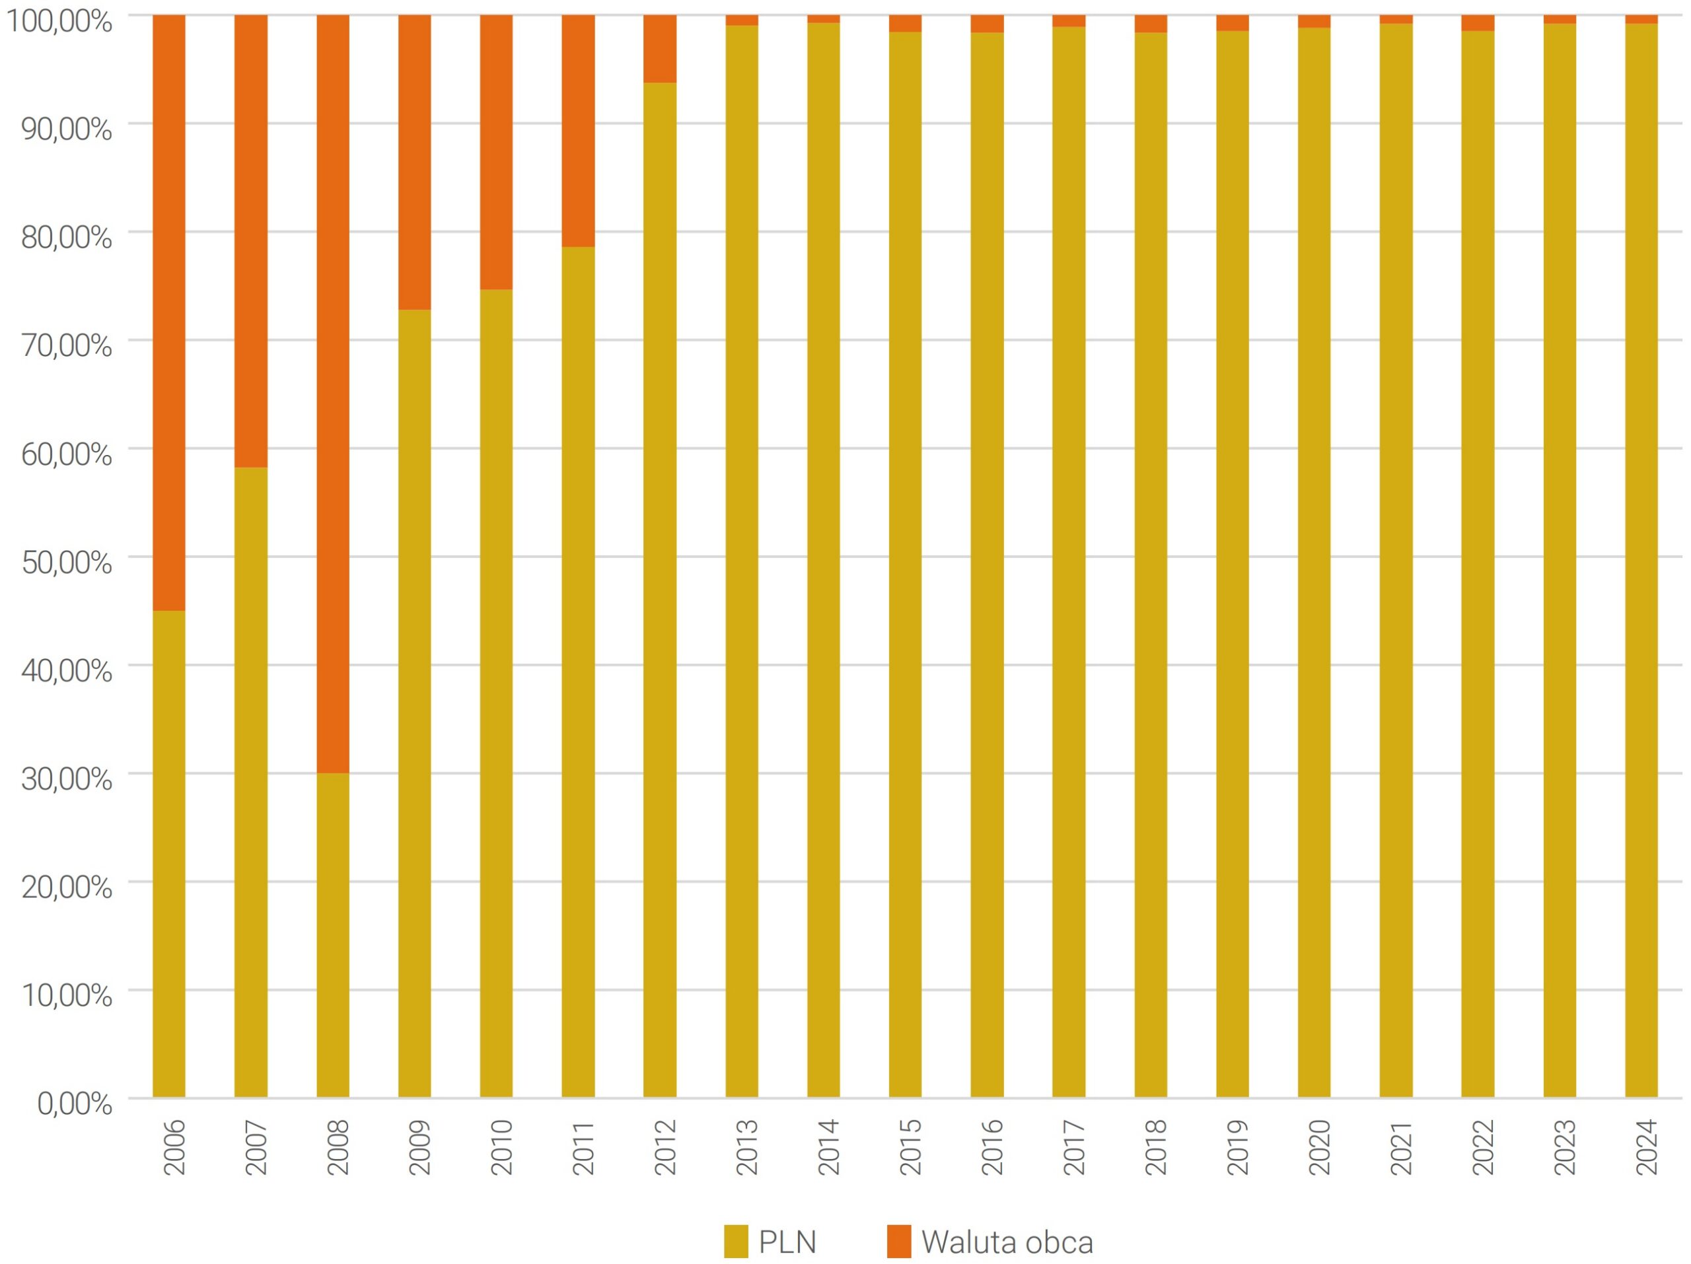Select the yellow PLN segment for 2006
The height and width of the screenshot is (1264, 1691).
169,854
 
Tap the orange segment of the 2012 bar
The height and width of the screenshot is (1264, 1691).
660,49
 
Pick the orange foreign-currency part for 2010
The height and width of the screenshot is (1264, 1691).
496,152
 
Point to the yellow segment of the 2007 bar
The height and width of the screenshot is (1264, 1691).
251,782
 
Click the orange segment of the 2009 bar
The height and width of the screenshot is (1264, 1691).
414,162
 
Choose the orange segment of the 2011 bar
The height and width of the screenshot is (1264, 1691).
578,131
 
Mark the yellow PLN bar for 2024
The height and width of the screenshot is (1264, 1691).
1641,560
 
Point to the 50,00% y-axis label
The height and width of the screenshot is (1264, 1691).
67,563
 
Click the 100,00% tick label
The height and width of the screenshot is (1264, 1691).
59,21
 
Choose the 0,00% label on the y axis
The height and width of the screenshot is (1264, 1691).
75,1104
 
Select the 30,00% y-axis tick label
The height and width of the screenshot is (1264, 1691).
67,779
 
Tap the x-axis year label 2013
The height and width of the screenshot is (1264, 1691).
747,1147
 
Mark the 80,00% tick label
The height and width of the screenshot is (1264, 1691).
67,238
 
